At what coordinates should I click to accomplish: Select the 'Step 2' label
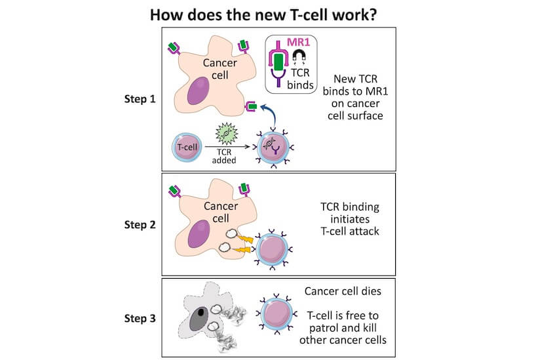coord(140,224)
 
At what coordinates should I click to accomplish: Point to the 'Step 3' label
coord(140,319)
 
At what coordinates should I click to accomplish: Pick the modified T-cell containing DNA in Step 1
coord(273,148)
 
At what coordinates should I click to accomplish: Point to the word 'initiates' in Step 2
coord(345,220)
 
